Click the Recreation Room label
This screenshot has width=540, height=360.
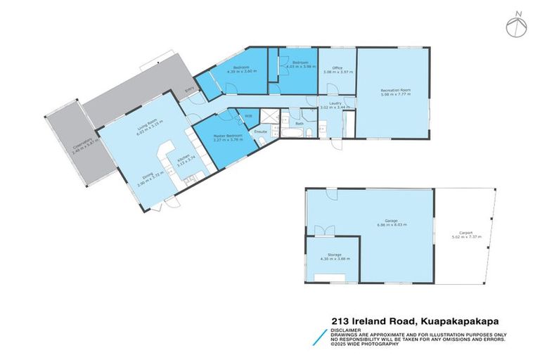[395, 91]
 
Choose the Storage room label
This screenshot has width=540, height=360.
[334, 255]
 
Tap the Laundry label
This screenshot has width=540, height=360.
[335, 103]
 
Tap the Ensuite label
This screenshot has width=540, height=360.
[259, 131]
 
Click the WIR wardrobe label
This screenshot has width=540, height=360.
[248, 116]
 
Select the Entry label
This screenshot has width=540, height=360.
[188, 90]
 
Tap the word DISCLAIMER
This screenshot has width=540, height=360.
[346, 328]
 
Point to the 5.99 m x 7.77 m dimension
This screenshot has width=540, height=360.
[395, 95]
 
